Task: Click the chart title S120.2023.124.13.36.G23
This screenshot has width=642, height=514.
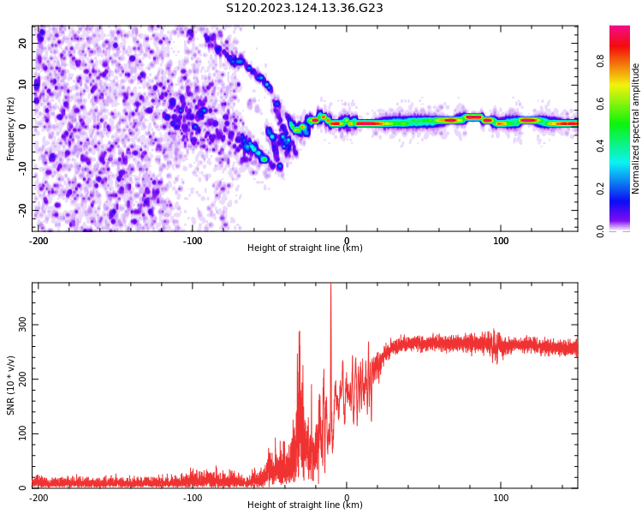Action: [x=304, y=9]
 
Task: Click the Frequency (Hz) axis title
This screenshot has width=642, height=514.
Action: [x=11, y=128]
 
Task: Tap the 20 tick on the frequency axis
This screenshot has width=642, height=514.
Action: [x=23, y=43]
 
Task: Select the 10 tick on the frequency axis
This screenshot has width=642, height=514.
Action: [x=23, y=85]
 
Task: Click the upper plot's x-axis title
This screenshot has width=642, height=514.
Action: [x=305, y=248]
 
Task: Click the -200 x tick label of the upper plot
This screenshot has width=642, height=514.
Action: [x=38, y=241]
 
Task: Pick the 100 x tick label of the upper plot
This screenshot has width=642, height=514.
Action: [x=501, y=241]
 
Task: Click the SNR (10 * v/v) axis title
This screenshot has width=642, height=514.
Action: [x=11, y=385]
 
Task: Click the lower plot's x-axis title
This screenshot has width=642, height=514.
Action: [x=305, y=505]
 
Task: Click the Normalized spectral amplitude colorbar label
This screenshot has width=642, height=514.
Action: [x=636, y=128]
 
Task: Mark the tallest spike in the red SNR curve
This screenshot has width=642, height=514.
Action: [x=330, y=286]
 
